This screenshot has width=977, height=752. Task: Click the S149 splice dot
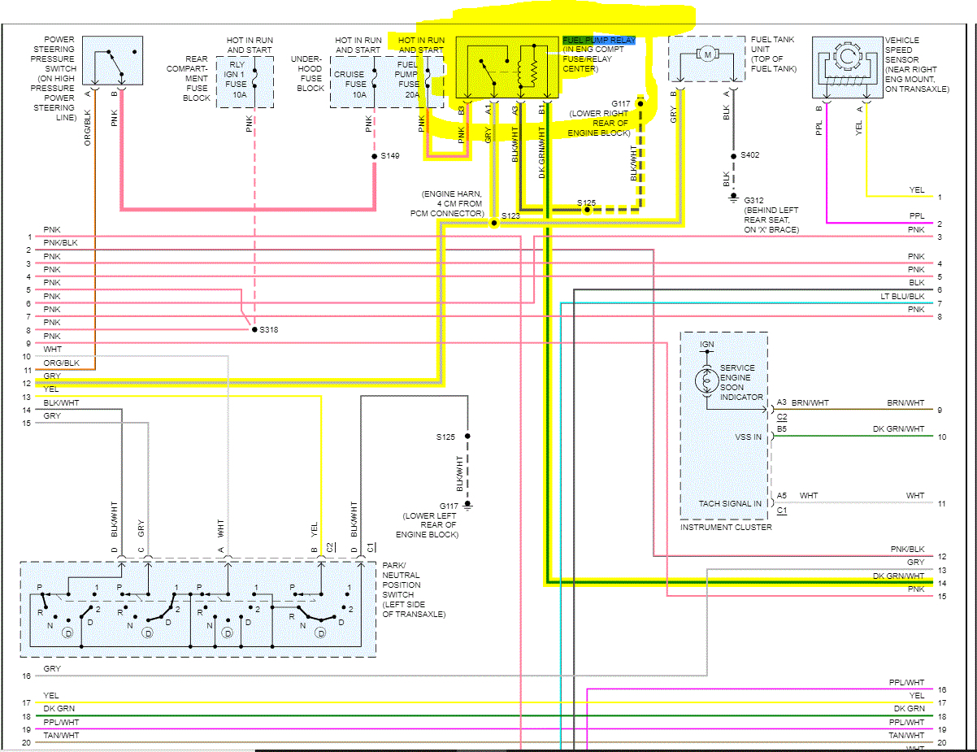(374, 156)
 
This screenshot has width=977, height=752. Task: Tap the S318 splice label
(269, 330)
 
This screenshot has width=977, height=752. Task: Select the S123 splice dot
(493, 223)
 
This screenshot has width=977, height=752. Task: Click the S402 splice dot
(733, 156)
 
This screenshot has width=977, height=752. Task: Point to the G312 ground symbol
(733, 198)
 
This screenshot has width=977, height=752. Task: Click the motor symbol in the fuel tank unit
(708, 54)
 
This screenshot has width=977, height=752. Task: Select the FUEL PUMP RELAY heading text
(599, 40)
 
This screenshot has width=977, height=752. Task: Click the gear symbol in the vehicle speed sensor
(847, 57)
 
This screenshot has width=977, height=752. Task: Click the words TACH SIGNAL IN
(730, 503)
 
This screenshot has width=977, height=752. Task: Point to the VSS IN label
(748, 437)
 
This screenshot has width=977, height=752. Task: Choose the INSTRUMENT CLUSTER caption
(726, 528)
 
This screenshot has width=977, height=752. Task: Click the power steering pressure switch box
(112, 61)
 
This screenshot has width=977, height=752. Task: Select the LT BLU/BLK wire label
(902, 296)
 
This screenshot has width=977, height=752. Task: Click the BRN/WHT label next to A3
(810, 402)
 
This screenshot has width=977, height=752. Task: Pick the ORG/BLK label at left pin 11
(61, 363)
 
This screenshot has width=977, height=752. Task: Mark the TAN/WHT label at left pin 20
(61, 736)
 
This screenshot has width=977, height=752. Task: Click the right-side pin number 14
(942, 584)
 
